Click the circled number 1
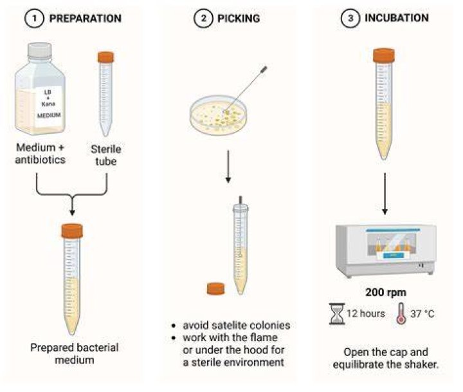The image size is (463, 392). click(34, 18)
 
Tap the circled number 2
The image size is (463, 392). click(203, 18)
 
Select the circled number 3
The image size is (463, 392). click(350, 18)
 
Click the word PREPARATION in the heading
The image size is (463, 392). click(86, 18)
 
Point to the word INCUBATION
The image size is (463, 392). click(397, 18)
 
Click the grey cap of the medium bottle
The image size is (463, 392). click(40, 50)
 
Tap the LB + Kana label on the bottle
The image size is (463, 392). click(48, 104)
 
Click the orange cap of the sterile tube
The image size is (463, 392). click(105, 57)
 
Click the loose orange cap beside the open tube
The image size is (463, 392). click(215, 289)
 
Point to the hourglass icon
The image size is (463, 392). click(337, 313)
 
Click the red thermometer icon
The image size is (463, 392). click(401, 313)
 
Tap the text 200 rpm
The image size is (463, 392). click(386, 292)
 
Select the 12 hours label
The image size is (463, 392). click(366, 313)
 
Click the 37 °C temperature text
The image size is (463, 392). click(422, 313)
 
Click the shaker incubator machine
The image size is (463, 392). click(386, 250)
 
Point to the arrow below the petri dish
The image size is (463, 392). click(228, 167)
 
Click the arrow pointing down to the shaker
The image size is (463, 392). click(385, 194)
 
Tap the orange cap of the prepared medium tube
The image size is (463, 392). click(72, 231)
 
